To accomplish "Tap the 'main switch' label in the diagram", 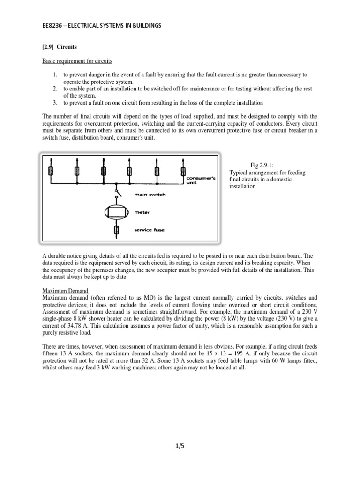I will (150, 195).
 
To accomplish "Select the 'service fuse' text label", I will (150, 230).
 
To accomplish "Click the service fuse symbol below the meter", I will (117, 230).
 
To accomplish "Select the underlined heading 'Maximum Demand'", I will (65, 291).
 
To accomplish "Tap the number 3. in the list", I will (55, 102).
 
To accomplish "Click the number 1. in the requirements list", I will (55, 75).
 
